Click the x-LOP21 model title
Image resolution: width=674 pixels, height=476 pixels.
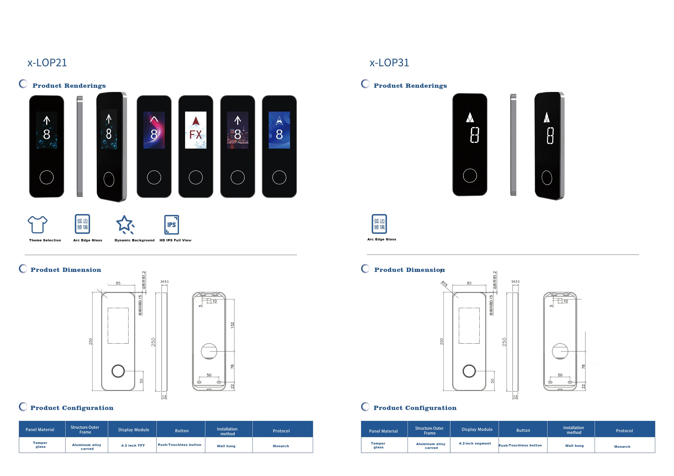pyautogui.click(x=47, y=63)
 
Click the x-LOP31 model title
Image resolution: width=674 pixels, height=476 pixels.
pyautogui.click(x=389, y=63)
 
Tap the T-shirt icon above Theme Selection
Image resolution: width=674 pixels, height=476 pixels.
pyautogui.click(x=37, y=224)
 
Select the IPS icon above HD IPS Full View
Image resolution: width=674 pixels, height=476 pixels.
pyautogui.click(x=171, y=225)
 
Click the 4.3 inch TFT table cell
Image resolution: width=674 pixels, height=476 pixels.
pyautogui.click(x=133, y=445)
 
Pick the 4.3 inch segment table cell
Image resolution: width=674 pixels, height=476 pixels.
pyautogui.click(x=475, y=443)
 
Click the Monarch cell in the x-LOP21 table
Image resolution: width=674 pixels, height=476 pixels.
pyautogui.click(x=281, y=446)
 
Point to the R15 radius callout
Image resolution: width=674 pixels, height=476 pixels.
pyautogui.click(x=444, y=284)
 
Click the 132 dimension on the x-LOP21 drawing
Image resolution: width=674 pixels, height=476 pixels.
pyautogui.click(x=232, y=325)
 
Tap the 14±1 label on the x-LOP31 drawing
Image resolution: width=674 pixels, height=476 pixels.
pyautogui.click(x=515, y=281)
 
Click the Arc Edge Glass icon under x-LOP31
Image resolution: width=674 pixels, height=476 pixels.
pyautogui.click(x=379, y=224)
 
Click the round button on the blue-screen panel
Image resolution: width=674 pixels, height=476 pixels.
pyautogui.click(x=279, y=177)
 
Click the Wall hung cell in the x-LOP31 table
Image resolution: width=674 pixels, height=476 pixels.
pyautogui.click(x=574, y=445)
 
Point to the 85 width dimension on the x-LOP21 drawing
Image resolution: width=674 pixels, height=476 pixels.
pyautogui.click(x=118, y=283)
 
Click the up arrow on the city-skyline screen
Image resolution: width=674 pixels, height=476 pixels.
pyautogui.click(x=237, y=120)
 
